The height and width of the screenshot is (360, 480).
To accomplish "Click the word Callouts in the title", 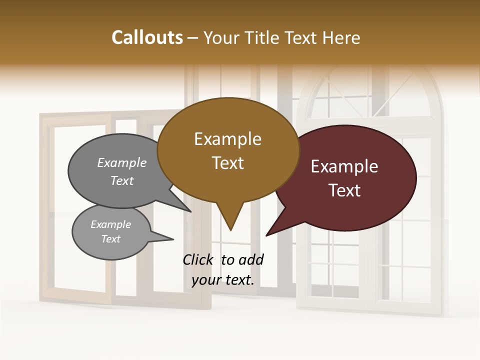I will click(x=147, y=37).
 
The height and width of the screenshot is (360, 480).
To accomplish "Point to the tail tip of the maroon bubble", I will click(x=268, y=234).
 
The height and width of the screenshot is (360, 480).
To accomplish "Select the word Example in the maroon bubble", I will click(x=344, y=166).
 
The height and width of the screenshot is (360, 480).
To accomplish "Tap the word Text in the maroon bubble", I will click(x=344, y=190).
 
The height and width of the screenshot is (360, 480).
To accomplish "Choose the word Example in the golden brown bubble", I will click(x=227, y=139).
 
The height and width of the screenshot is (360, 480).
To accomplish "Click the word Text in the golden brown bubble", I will click(x=227, y=163).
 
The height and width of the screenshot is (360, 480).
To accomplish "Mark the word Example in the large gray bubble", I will click(x=122, y=163).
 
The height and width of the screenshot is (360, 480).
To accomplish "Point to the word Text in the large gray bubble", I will click(x=122, y=180).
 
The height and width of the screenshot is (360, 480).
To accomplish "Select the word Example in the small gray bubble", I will click(x=110, y=224).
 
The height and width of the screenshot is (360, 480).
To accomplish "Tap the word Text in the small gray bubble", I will click(x=110, y=239).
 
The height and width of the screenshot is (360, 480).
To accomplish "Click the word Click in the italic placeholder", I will click(x=198, y=259).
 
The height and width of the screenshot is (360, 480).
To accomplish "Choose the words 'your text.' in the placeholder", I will click(x=223, y=280).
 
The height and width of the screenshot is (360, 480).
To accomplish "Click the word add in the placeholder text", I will click(x=251, y=259).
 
